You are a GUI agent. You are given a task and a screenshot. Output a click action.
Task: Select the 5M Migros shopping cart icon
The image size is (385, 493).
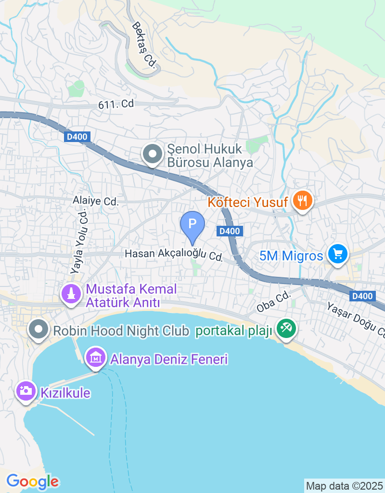(x=338, y=254)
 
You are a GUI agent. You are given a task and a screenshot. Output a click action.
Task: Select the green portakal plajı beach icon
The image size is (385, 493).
(x=286, y=329)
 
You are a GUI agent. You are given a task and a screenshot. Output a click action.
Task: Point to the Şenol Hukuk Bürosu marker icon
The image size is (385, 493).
(x=153, y=155)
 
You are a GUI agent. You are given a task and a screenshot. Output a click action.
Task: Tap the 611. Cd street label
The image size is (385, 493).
(x=115, y=104)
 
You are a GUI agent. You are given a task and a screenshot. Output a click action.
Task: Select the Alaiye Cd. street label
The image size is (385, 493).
(x=95, y=201)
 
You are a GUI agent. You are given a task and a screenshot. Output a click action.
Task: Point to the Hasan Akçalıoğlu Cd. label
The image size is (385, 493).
(x=174, y=255)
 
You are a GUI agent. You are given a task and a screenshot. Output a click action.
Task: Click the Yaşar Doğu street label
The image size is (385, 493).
(x=356, y=320)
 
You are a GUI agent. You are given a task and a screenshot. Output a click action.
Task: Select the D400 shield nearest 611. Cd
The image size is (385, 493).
(x=77, y=137)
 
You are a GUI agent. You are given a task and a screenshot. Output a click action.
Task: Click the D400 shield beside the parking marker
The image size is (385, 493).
(x=229, y=231)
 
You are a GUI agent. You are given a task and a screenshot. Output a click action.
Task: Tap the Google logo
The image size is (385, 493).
(x=32, y=481)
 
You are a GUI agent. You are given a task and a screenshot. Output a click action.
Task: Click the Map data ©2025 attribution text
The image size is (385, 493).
(x=345, y=486)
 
